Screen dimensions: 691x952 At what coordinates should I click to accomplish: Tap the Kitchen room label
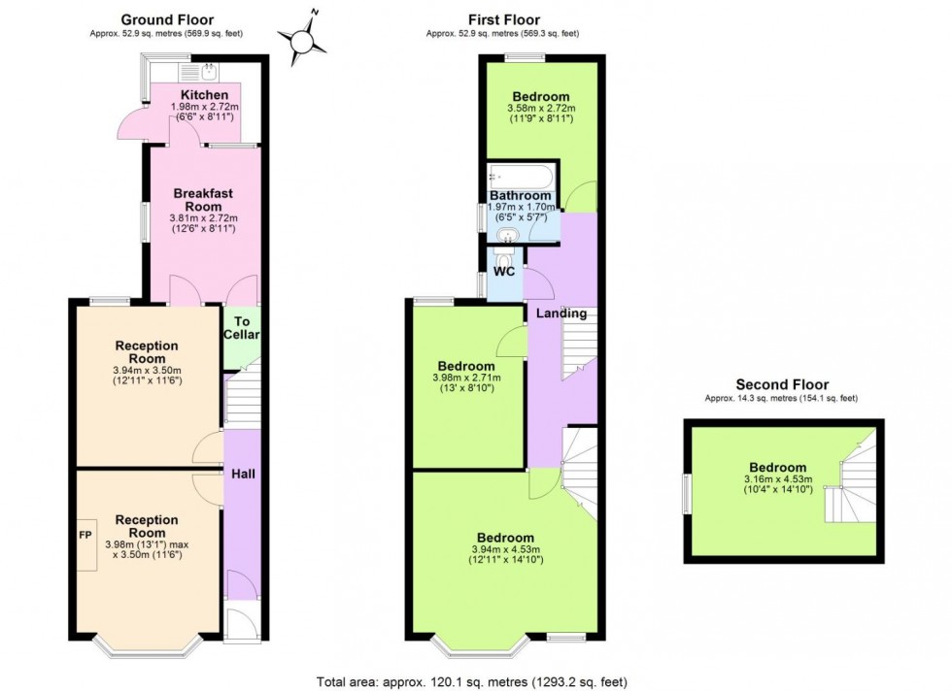204,95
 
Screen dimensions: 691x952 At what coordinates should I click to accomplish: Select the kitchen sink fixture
209,69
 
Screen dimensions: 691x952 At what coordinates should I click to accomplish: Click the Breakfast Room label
204,200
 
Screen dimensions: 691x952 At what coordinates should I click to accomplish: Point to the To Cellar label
242,328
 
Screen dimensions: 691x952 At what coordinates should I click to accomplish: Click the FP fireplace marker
85,535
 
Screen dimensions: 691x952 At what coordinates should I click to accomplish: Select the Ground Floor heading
166,19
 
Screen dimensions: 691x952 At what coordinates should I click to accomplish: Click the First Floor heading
503,19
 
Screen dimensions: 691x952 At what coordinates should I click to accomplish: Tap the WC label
505,272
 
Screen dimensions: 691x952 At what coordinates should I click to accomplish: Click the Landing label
562,313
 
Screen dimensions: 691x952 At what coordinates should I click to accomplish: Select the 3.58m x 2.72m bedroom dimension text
541,108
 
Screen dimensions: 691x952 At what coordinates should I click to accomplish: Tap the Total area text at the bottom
479,680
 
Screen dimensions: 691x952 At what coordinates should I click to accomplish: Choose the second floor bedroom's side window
687,493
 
